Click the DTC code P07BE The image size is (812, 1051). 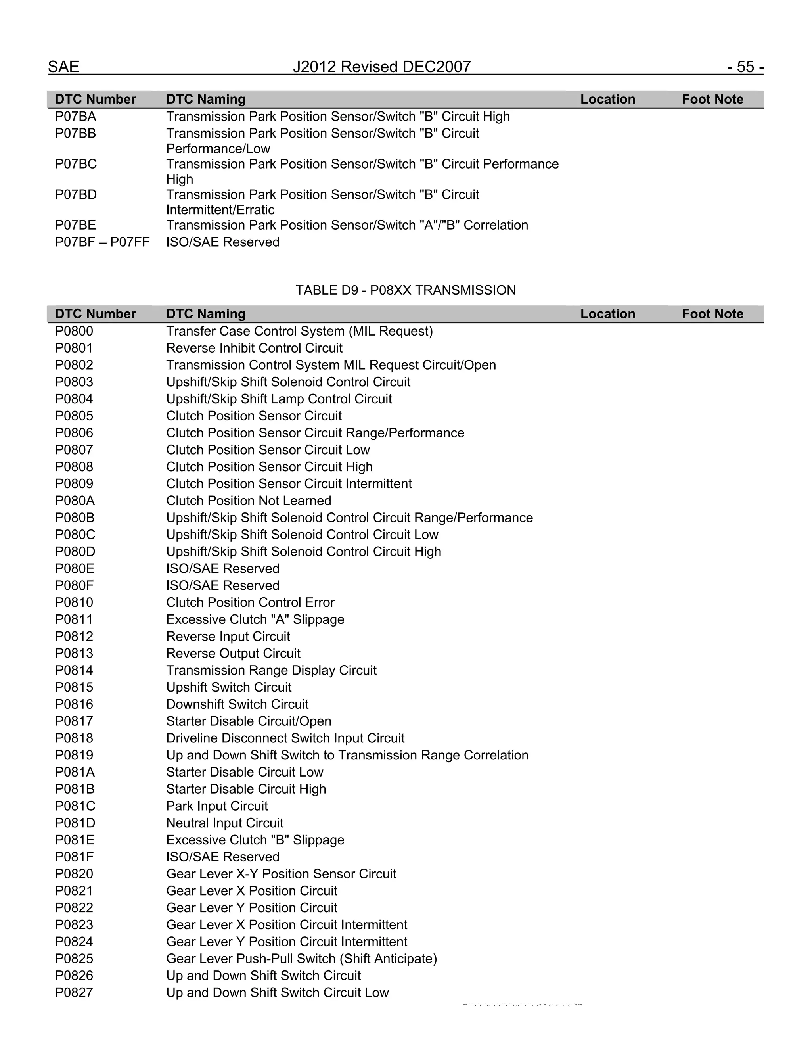pos(75,225)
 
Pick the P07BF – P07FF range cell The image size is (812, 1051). pos(102,242)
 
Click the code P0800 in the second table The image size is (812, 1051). pos(74,331)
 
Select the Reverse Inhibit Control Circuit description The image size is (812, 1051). pos(254,348)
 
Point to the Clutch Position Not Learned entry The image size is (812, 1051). pos(248,501)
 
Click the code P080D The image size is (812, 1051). pos(75,552)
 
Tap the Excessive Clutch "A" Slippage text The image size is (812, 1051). pos(255,619)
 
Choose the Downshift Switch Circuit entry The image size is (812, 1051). pos(237,704)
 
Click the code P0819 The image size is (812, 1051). pos(74,755)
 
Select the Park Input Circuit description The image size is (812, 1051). pos(216,806)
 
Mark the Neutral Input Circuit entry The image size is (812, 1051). pos(225,823)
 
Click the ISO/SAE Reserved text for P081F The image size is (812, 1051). pos(222,857)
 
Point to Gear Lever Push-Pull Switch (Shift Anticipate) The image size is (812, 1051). pos(301,959)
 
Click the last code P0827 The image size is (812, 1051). pos(74,992)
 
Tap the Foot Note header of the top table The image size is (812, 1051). pos(712,99)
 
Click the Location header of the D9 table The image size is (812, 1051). pos(607,314)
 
